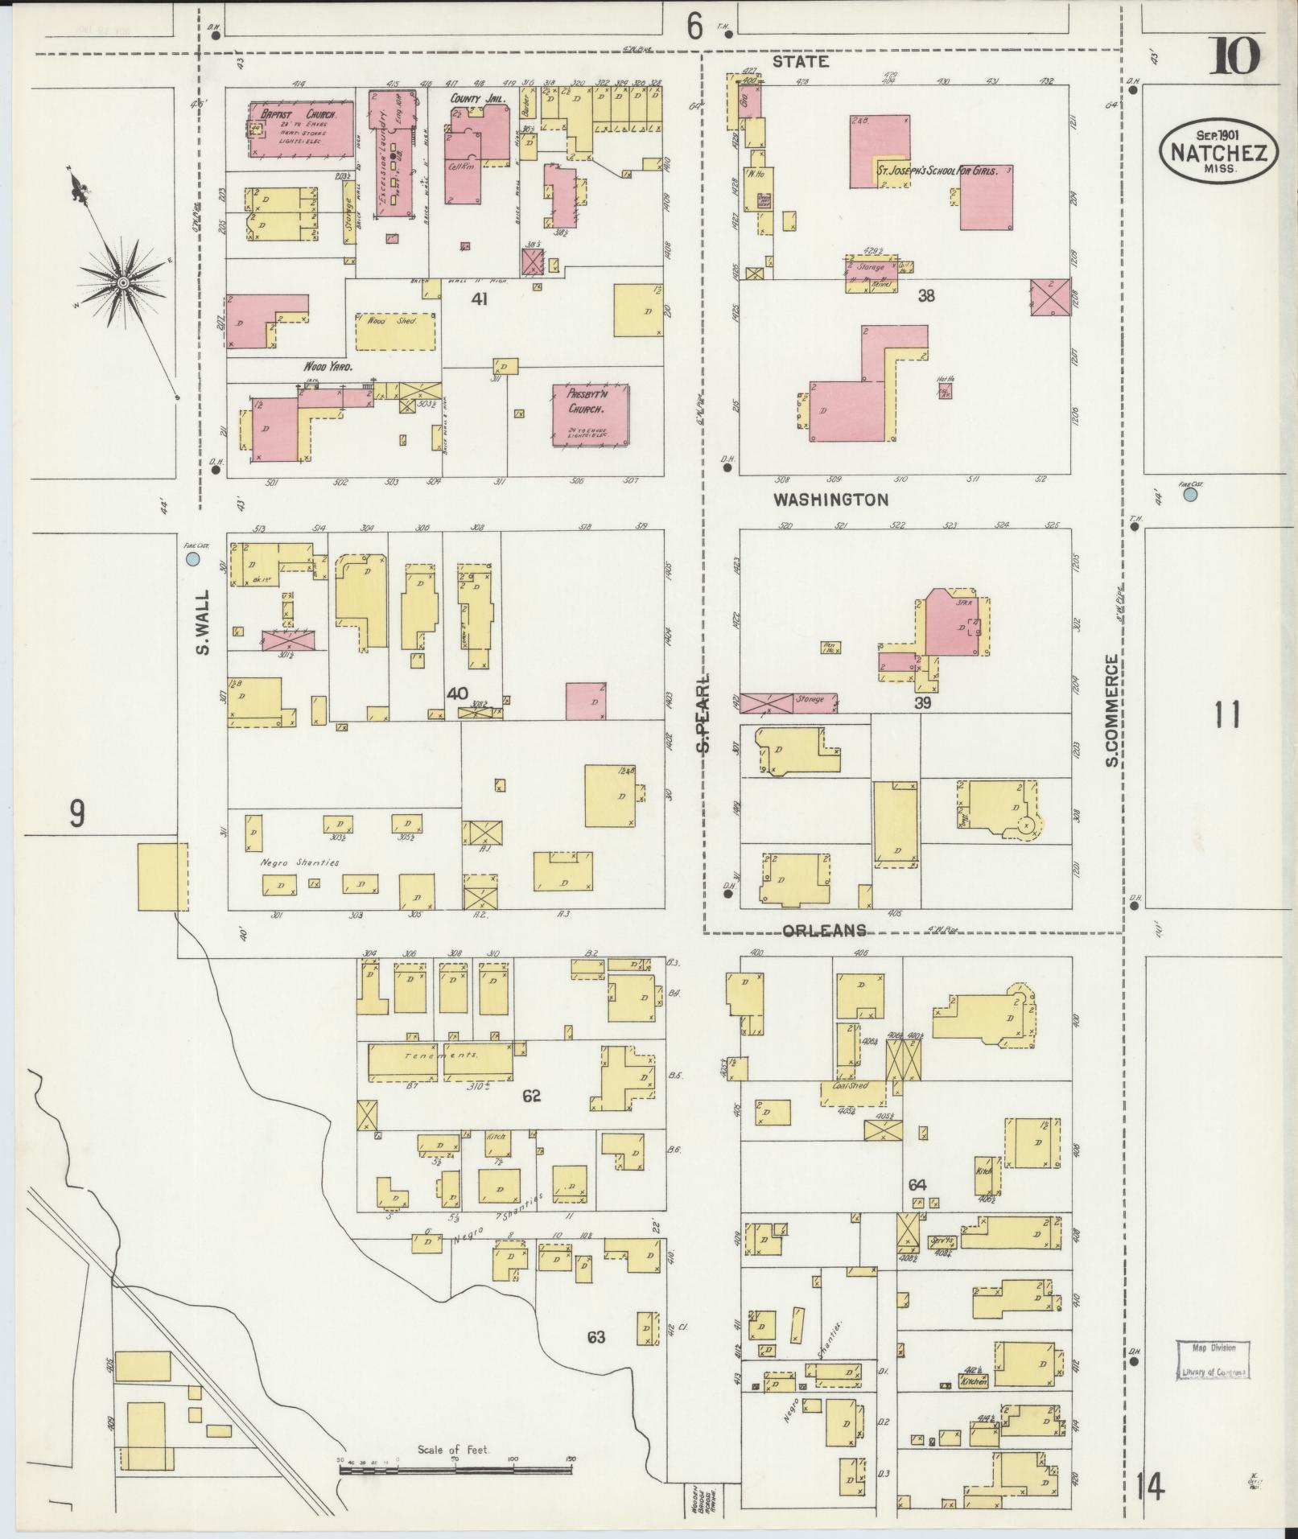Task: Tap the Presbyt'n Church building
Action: (x=590, y=415)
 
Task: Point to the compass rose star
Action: (x=122, y=283)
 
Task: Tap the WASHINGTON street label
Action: (x=830, y=500)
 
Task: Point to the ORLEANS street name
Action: (x=825, y=930)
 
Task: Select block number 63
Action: (x=595, y=1337)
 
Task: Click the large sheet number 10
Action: (x=1234, y=57)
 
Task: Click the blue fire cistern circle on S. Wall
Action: (x=192, y=558)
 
